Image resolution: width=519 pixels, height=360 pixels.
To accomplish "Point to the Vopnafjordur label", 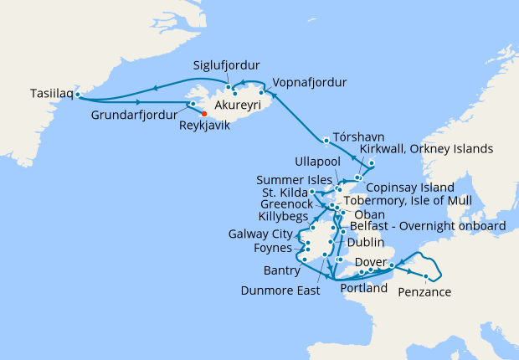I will [x=310, y=82].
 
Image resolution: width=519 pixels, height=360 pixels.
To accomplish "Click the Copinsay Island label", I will [x=411, y=187].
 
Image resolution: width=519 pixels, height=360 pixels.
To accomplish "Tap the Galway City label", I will [x=262, y=233].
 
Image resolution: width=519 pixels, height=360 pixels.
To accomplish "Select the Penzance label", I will [x=424, y=292].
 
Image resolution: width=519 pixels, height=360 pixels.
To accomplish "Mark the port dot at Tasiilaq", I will [x=77, y=95].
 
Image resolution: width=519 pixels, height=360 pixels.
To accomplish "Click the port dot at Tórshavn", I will [x=326, y=139].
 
